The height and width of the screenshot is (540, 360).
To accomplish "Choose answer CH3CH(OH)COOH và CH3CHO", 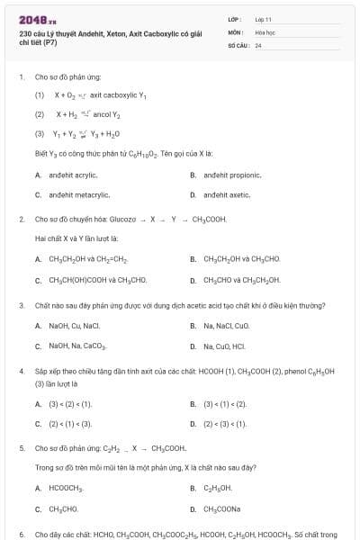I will click(91, 280).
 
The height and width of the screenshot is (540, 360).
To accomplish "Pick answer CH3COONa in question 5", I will click(221, 508).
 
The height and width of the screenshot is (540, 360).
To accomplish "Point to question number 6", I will click(22, 534).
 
